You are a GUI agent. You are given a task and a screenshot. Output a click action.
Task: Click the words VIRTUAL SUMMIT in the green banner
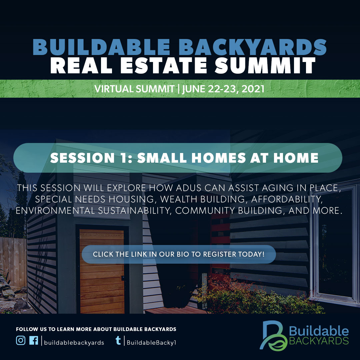tap(134, 89)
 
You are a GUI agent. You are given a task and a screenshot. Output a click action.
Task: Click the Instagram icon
tap(21, 341)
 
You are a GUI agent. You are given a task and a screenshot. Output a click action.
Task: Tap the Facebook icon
tap(33, 341)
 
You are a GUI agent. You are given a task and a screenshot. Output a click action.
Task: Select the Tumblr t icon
tap(118, 341)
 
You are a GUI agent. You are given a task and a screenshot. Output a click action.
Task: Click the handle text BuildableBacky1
tap(151, 342)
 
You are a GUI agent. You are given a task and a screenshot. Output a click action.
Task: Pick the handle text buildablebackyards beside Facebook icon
tap(74, 342)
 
